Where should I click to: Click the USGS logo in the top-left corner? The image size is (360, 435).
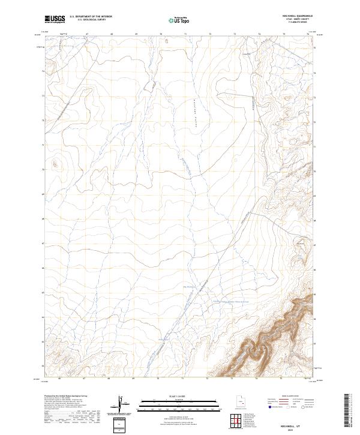[55, 19]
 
